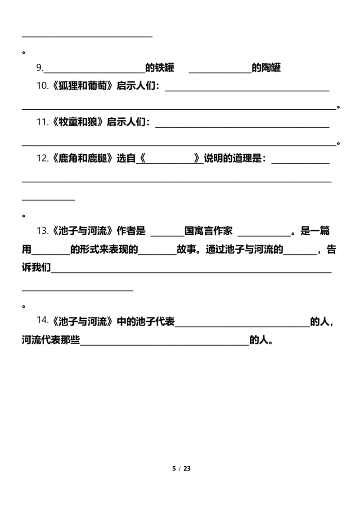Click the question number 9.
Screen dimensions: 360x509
pos(40,68)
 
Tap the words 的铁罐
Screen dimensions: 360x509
pos(160,68)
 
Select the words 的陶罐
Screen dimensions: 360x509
pos(266,68)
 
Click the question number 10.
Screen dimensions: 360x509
pos(42,86)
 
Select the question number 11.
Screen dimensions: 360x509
pos(42,122)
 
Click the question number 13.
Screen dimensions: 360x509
pos(42,231)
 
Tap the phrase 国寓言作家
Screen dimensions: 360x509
pos(209,231)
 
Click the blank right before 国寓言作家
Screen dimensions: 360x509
pos(168,236)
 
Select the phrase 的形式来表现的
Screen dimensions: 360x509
pos(104,249)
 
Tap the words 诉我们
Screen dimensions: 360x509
pos(36,268)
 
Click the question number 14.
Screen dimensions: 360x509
pos(42,321)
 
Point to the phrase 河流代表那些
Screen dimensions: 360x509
pos(51,340)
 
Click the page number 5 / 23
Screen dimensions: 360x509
pos(181,469)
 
